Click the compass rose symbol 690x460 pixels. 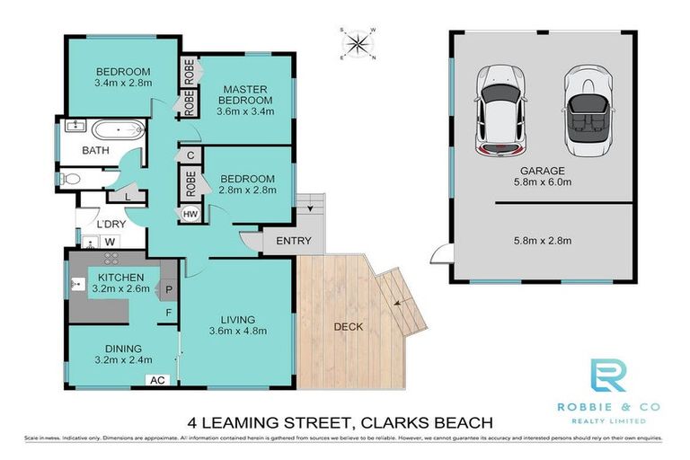coord(358,42)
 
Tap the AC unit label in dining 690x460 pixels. coord(158,380)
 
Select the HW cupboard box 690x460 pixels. coord(190,214)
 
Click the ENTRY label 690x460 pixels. coord(294,241)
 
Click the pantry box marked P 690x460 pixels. coord(167,289)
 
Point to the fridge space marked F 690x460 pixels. coord(167,313)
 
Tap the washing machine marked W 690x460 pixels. coord(111,241)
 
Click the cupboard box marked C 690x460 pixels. coord(190,155)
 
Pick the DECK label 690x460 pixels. coord(349,326)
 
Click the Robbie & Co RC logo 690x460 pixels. coord(608,377)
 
